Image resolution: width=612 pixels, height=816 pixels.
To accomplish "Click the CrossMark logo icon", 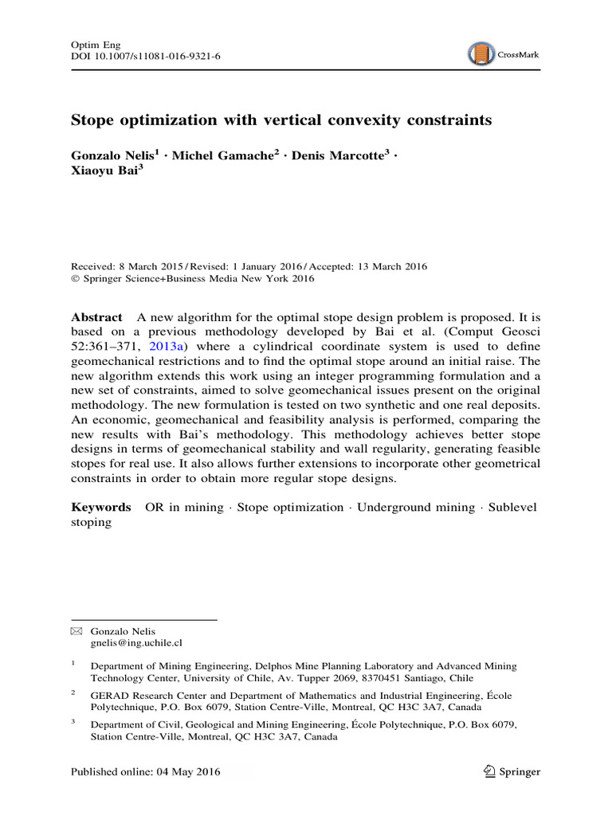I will coord(481,54).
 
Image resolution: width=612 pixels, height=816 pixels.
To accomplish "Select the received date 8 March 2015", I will coord(143,266).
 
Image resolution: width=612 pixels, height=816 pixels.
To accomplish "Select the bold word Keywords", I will coord(101,507).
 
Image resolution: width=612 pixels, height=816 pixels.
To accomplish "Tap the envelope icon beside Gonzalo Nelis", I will coord(76,631).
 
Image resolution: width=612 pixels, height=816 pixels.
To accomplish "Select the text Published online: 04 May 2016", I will coord(145,771).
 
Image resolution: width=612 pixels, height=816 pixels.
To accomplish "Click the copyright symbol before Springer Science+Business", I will coord(76,279).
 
